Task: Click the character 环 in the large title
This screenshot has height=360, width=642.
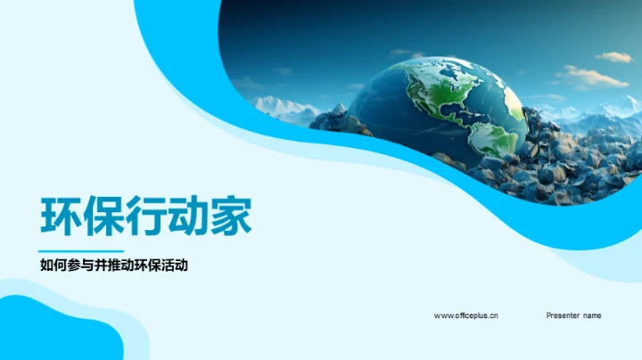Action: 60,217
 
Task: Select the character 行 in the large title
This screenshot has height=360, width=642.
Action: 145,217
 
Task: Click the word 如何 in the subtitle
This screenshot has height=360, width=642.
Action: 52,265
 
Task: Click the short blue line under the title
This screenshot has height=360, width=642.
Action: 81,250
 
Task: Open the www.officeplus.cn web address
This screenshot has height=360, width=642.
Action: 465,315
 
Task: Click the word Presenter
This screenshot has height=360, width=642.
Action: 563,315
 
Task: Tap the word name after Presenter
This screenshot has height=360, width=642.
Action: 592,315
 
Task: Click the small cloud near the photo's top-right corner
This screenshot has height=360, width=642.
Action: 613,56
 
